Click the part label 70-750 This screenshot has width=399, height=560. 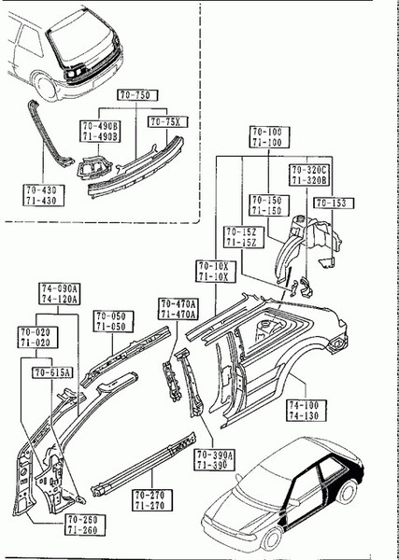(137, 95)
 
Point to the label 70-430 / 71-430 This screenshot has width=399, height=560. (43, 194)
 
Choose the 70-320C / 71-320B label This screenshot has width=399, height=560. (308, 176)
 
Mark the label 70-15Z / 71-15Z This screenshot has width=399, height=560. (241, 236)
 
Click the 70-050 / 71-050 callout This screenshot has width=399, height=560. (111, 322)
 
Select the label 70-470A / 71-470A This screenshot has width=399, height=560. (178, 309)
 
